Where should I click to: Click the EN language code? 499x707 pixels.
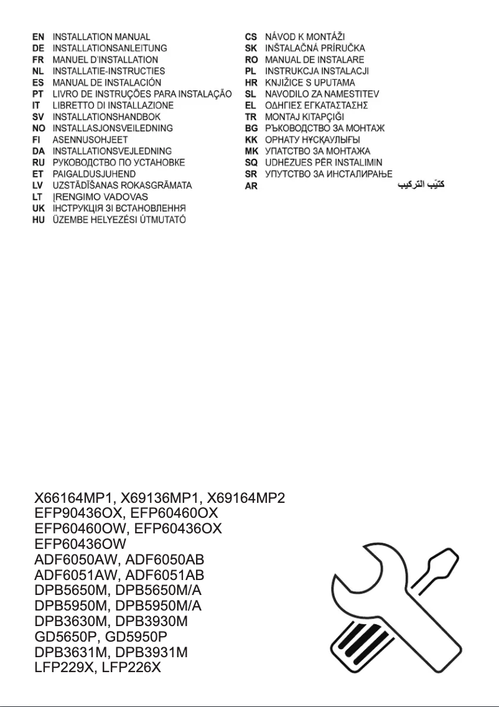coord(39,37)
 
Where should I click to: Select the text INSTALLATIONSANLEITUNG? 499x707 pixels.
coord(110,49)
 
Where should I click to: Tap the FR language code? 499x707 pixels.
coord(39,60)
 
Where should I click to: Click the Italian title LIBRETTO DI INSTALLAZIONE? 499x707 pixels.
coord(113,106)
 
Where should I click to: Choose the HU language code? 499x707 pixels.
coord(39,220)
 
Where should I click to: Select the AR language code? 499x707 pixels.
coord(251,186)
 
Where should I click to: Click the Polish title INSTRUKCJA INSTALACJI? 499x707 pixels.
coord(317,72)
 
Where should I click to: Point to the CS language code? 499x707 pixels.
coord(251,37)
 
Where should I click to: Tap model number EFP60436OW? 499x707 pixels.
coord(80,543)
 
